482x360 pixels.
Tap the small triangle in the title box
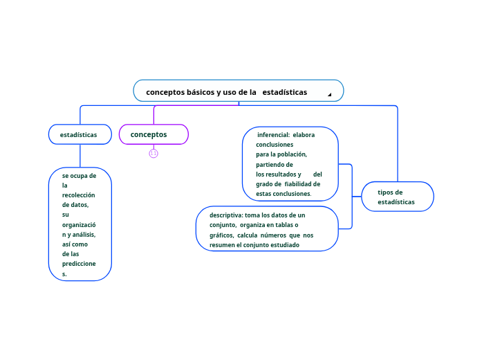click(330, 94)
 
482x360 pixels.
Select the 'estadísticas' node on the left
click(79, 134)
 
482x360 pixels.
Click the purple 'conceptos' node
click(149, 134)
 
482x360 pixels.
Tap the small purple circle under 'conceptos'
click(154, 153)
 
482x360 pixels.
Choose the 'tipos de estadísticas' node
click(396, 197)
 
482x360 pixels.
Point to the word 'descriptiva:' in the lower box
click(226, 215)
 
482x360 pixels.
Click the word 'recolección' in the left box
click(78, 195)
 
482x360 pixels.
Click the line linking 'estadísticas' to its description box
click(80, 156)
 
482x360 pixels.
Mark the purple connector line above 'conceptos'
click(154, 114)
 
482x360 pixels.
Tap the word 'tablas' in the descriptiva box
click(283, 225)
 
